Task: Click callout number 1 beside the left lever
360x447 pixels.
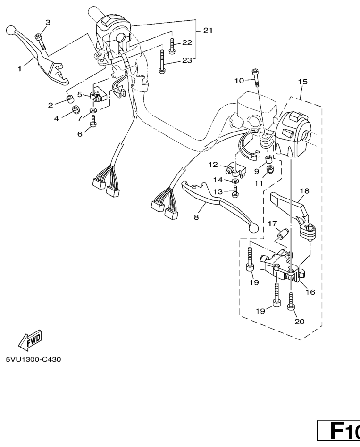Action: coord(20,69)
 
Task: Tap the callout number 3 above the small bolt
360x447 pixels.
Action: coord(47,23)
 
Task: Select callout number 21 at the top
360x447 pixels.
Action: coord(208,30)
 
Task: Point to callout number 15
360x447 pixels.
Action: coord(302,82)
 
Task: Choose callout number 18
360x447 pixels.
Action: coord(304,191)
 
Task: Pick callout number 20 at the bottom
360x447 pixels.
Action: coord(300,322)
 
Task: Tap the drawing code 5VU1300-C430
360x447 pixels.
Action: coord(33,359)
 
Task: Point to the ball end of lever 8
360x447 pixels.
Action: coord(255,229)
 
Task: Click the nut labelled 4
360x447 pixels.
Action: coord(75,111)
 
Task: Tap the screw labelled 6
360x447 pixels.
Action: coord(92,122)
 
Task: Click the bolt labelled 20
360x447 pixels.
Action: coord(291,300)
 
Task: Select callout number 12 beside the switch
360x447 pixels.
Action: coord(213,164)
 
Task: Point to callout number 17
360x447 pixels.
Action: coord(272,223)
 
